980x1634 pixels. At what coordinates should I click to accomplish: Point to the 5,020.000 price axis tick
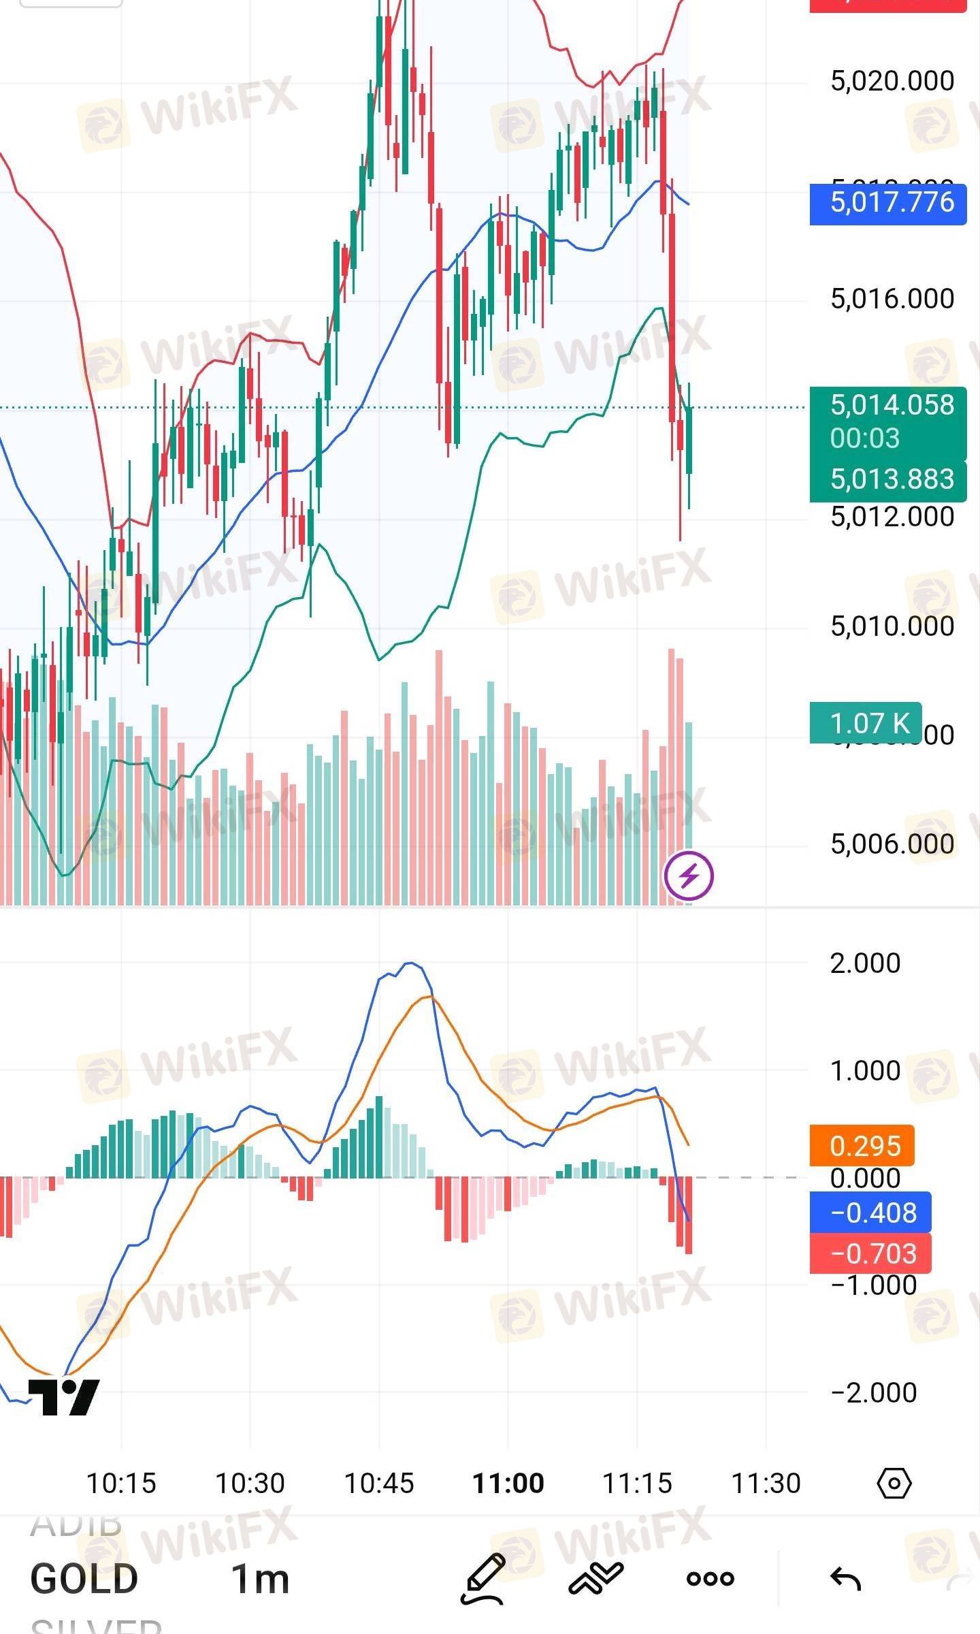click(x=892, y=81)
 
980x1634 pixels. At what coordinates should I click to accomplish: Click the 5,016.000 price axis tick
click(x=892, y=299)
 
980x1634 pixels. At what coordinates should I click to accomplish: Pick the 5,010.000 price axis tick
click(x=892, y=626)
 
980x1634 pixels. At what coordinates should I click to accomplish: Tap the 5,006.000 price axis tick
click(x=892, y=844)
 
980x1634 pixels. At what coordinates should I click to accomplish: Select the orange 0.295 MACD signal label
click(x=862, y=1146)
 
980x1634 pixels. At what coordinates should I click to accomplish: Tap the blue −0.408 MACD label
click(x=870, y=1213)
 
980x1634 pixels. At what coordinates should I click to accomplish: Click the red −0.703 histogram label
click(x=870, y=1253)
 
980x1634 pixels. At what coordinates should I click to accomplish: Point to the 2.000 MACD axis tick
click(x=865, y=963)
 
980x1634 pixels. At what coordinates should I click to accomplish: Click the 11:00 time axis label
click(x=508, y=1484)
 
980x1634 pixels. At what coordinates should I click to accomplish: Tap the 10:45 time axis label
click(x=379, y=1484)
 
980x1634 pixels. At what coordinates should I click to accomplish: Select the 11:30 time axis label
click(x=766, y=1484)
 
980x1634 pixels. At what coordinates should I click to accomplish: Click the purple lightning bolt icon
click(x=689, y=875)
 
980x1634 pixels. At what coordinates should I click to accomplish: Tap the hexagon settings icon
click(x=894, y=1483)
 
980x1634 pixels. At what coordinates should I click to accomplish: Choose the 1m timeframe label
click(x=260, y=1579)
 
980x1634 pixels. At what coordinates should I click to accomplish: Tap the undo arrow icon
click(x=846, y=1578)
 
